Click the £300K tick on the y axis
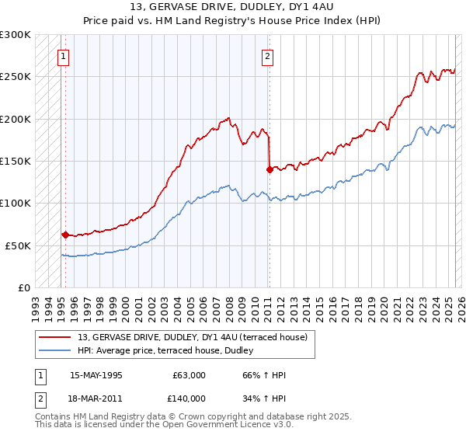(16, 35)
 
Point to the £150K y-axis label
(16, 161)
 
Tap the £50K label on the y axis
(18, 245)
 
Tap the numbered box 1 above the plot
(62, 55)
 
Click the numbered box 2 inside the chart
(267, 55)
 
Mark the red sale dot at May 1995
(65, 234)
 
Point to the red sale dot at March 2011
(269, 169)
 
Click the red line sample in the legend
(55, 337)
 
